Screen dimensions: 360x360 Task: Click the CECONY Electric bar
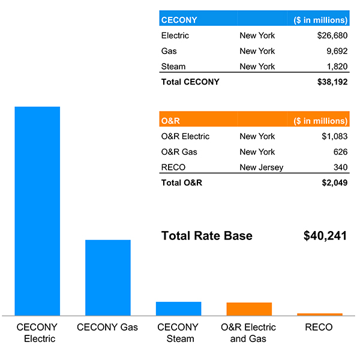tap(37, 210)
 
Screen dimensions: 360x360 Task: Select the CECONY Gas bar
tap(108, 277)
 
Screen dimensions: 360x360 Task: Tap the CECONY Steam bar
tap(178, 308)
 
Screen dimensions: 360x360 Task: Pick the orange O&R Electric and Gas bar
tap(249, 309)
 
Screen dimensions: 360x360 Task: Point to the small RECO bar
tap(320, 314)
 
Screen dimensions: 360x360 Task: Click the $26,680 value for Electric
tap(332, 35)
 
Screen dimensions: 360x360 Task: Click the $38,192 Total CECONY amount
tap(332, 82)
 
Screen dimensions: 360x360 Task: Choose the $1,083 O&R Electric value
tap(334, 136)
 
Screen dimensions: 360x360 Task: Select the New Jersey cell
tap(262, 167)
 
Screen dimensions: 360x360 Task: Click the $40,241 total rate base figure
tap(325, 236)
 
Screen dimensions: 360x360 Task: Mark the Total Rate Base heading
tap(207, 236)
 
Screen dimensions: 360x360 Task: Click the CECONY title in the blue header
tap(179, 20)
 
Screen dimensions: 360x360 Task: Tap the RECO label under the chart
tap(319, 328)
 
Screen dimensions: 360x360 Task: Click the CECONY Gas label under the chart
tap(107, 328)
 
